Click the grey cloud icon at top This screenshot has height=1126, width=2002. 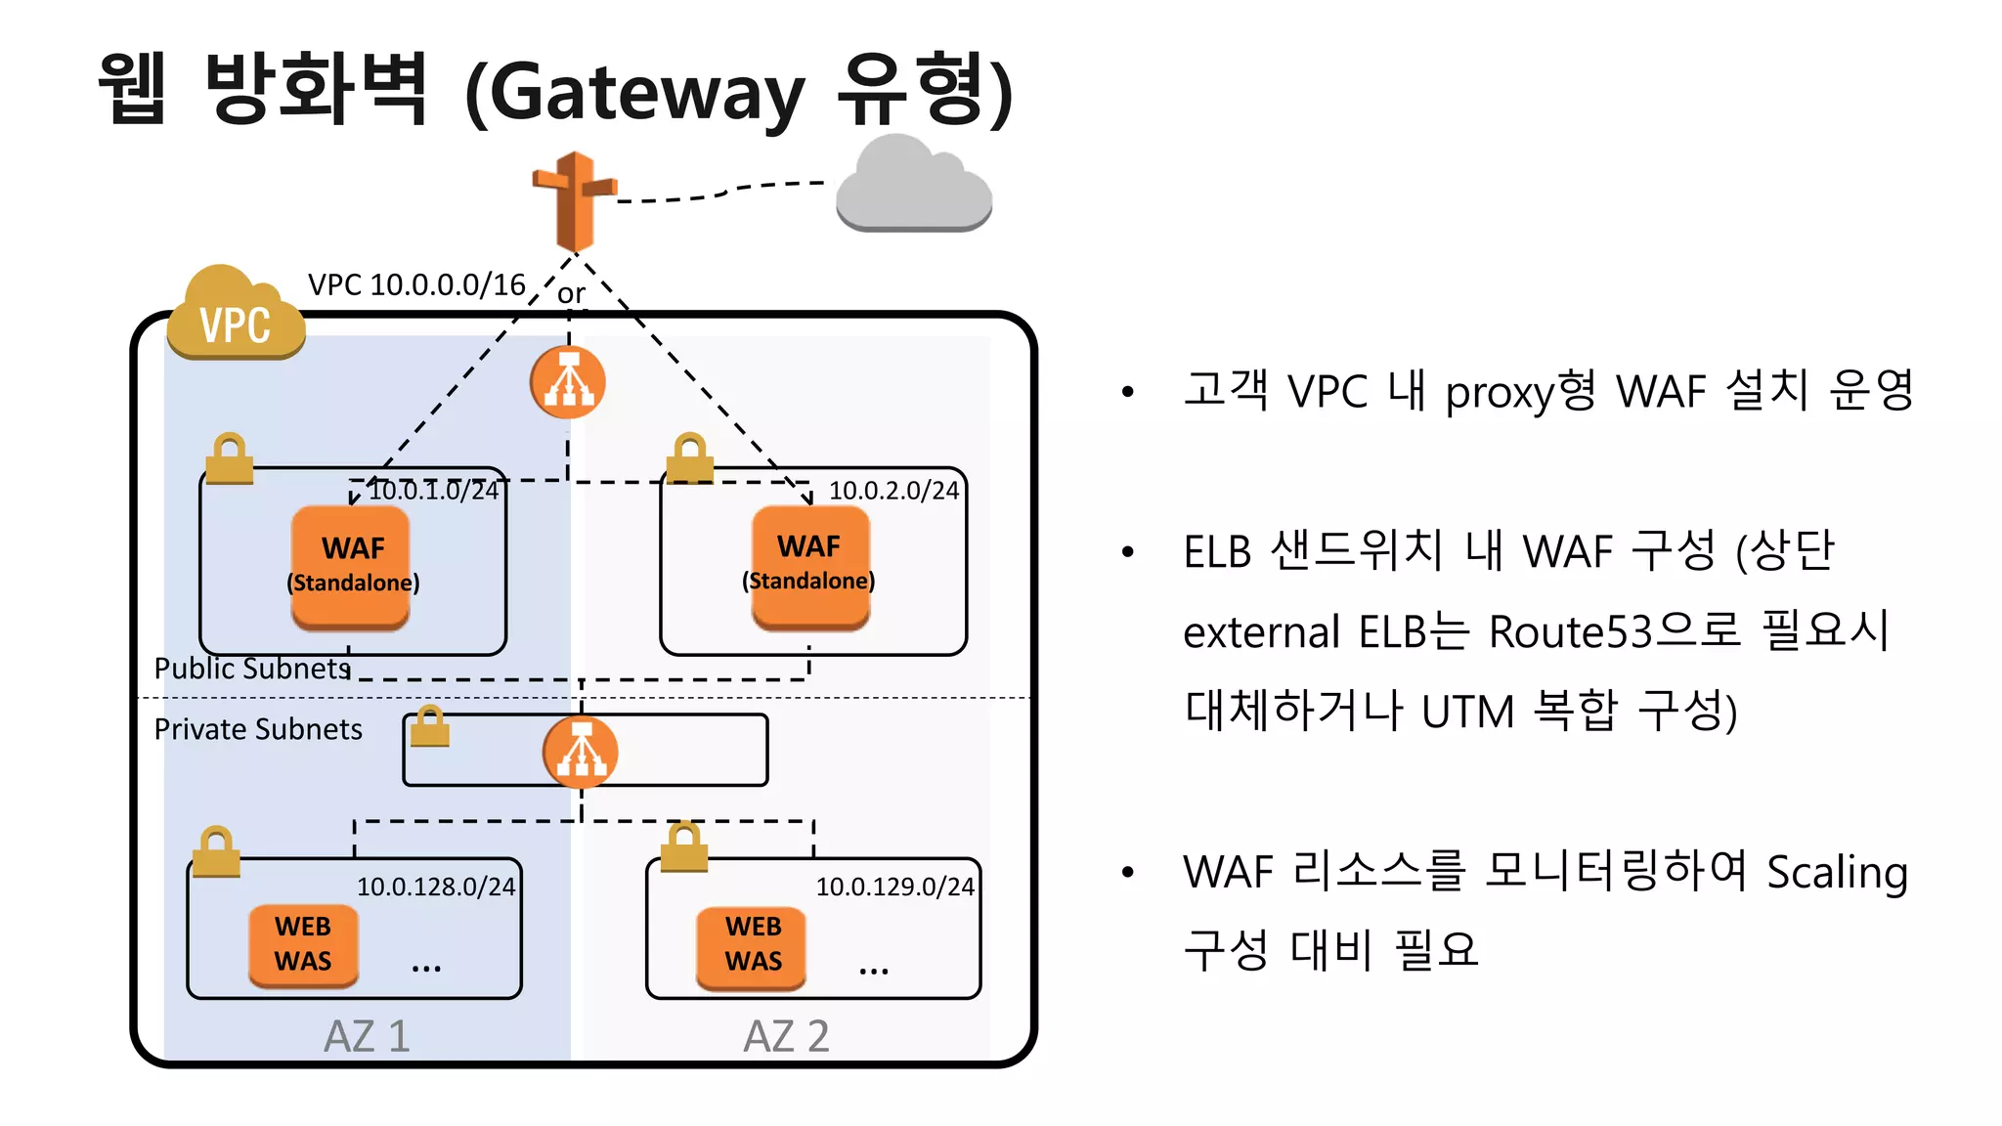pyautogui.click(x=914, y=186)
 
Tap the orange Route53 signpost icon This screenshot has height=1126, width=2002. pyautogui.click(x=574, y=200)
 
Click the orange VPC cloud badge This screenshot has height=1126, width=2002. pyautogui.click(x=235, y=315)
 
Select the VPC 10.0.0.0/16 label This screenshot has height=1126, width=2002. pyautogui.click(x=416, y=284)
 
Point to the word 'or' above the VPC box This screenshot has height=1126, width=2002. pyautogui.click(x=571, y=292)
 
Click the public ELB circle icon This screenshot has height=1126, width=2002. pyautogui.click(x=568, y=382)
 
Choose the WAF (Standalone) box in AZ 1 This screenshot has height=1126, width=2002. pyautogui.click(x=352, y=566)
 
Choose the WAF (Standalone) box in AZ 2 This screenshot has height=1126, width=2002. pyautogui.click(x=809, y=565)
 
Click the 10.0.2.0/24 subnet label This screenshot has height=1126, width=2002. pyautogui.click(x=893, y=490)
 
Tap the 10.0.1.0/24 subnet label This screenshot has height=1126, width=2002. pyautogui.click(x=433, y=490)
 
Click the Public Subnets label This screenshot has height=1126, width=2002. pyautogui.click(x=252, y=668)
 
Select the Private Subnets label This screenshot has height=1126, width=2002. pyautogui.click(x=258, y=729)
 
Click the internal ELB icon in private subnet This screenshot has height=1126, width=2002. pyautogui.click(x=581, y=752)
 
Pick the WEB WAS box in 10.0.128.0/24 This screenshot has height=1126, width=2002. pyautogui.click(x=303, y=944)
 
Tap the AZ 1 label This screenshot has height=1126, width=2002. pyautogui.click(x=367, y=1036)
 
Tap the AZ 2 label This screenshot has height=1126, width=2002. pyautogui.click(x=786, y=1036)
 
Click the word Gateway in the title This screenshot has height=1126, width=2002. pyautogui.click(x=645, y=93)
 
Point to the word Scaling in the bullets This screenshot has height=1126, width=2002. pyautogui.click(x=1837, y=871)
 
